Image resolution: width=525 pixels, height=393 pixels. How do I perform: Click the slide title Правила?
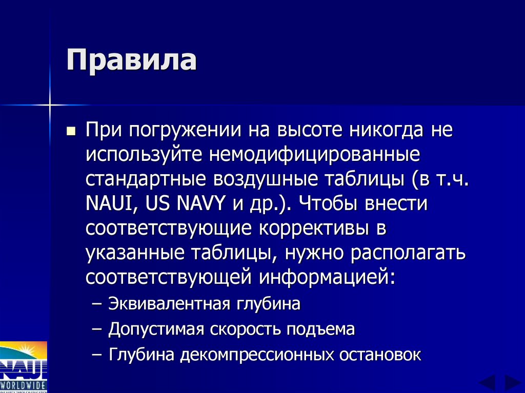click(x=131, y=61)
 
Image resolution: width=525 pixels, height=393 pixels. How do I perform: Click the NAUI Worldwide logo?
click(x=24, y=366)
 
